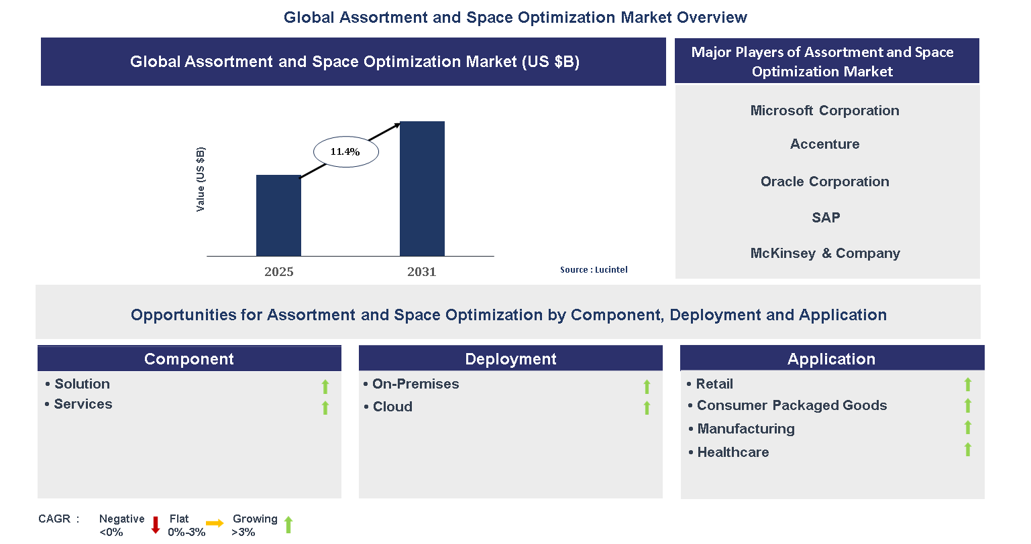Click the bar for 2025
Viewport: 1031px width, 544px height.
278,216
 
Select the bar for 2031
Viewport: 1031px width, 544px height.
422,189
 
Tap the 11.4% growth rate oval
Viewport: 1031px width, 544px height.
346,152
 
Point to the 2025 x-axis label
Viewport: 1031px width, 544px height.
278,271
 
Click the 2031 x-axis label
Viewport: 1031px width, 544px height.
421,271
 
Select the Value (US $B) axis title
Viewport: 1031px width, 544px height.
201,180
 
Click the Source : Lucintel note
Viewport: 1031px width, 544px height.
594,269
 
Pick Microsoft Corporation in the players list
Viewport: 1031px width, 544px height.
824,111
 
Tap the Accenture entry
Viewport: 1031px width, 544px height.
824,144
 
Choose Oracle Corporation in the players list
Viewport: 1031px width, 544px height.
824,182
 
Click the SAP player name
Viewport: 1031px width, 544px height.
825,218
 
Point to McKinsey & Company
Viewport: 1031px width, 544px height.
824,253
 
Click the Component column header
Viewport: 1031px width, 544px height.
189,359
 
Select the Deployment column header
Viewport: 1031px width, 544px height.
510,359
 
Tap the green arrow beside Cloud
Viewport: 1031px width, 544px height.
647,408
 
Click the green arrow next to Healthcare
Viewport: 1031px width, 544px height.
967,450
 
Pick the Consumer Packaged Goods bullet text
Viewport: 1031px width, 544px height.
792,405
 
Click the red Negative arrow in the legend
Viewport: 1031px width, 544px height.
156,525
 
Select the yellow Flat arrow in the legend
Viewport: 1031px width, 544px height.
215,523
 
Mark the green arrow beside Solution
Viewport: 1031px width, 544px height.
325,387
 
